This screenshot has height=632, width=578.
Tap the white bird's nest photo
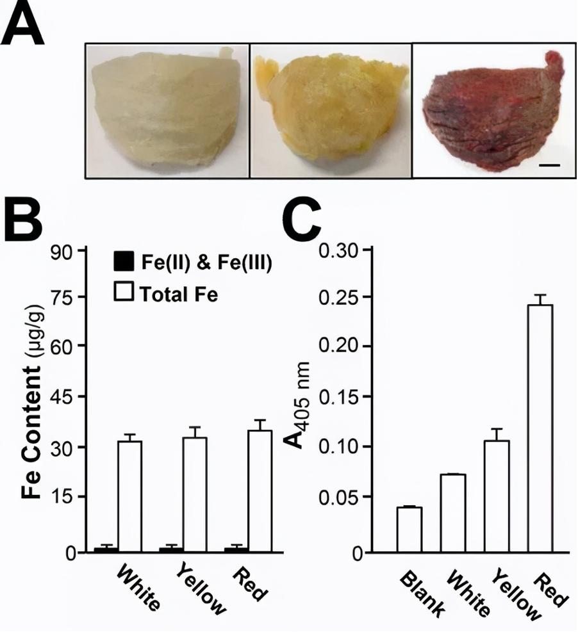click(x=167, y=110)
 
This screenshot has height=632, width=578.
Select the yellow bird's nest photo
click(x=329, y=110)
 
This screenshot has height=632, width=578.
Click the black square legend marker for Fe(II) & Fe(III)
click(x=121, y=262)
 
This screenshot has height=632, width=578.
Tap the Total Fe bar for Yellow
click(x=195, y=494)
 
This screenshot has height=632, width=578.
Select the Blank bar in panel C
click(x=409, y=529)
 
